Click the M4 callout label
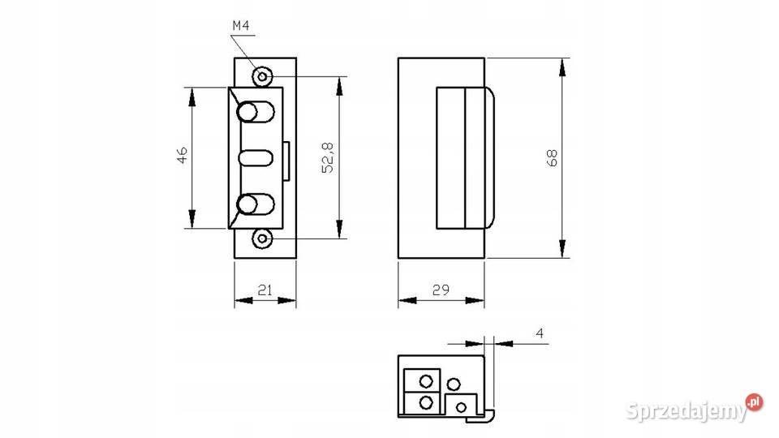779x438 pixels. pyautogui.click(x=241, y=26)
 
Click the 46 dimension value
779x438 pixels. pyautogui.click(x=183, y=155)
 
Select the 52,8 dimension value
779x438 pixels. pyautogui.click(x=328, y=158)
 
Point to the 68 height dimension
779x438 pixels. pyautogui.click(x=552, y=158)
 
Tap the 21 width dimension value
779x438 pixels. pyautogui.click(x=265, y=290)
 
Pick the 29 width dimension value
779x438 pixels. pyautogui.click(x=441, y=290)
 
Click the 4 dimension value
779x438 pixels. pyautogui.click(x=540, y=333)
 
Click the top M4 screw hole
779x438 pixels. pyautogui.click(x=262, y=76)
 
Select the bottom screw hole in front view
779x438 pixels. pyautogui.click(x=262, y=238)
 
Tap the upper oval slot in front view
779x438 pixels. pyautogui.click(x=256, y=112)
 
